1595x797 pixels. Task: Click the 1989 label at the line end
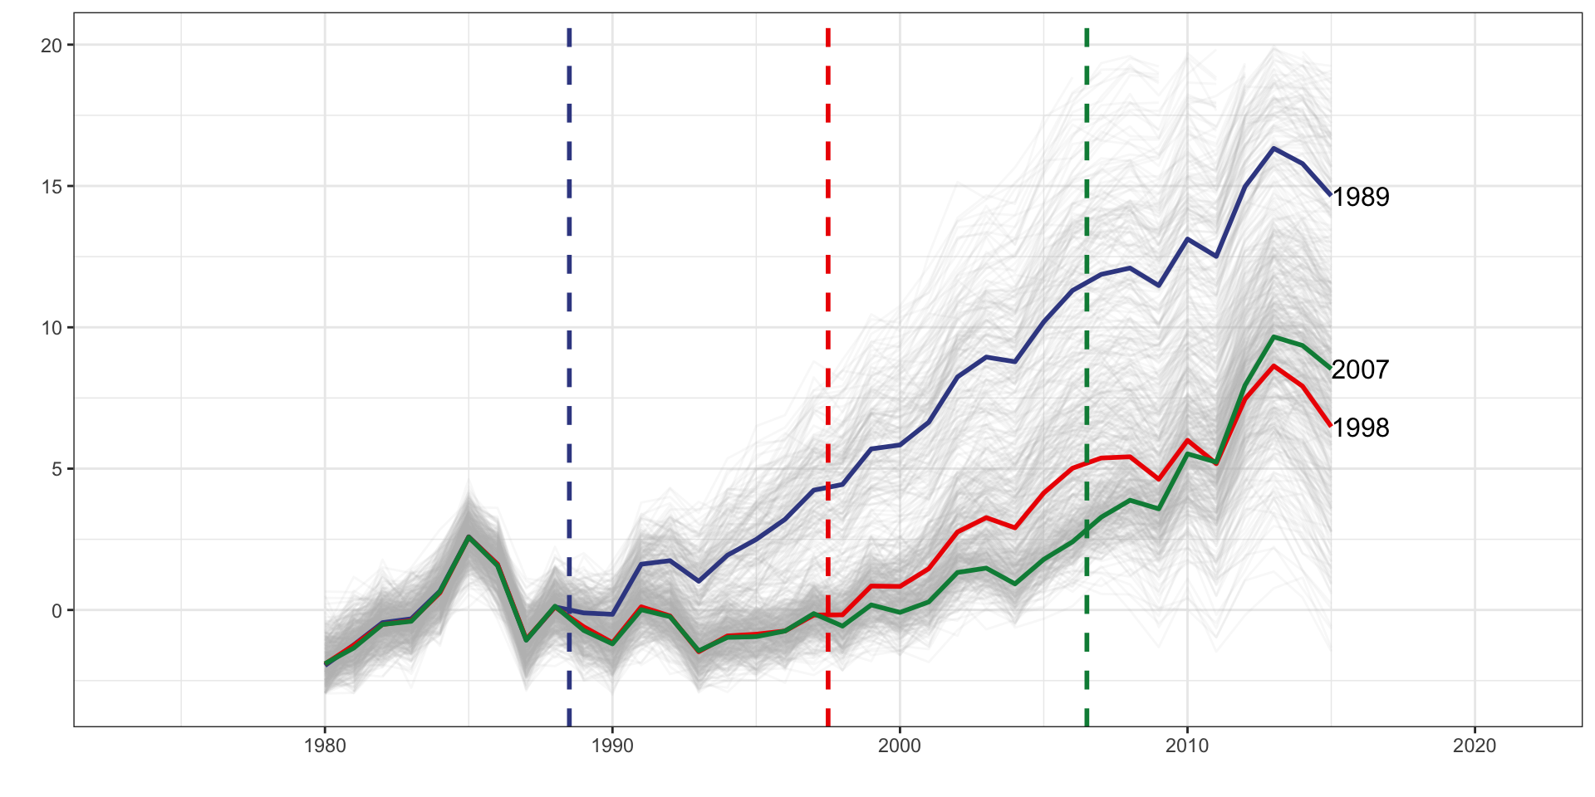tap(1360, 197)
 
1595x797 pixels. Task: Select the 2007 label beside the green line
tap(1360, 369)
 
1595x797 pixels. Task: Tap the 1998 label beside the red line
tap(1360, 428)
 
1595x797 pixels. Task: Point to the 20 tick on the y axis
tap(52, 46)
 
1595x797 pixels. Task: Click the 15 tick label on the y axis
tap(52, 187)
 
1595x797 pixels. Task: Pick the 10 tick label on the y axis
tap(52, 328)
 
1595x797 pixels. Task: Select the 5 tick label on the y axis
tap(56, 469)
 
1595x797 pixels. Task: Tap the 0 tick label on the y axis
tap(56, 611)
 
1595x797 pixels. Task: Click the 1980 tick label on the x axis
tap(325, 746)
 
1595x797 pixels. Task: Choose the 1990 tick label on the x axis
tap(612, 746)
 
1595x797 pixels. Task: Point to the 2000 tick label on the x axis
tap(900, 746)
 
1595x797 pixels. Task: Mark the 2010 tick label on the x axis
tap(1187, 746)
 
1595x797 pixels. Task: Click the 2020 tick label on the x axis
tap(1475, 746)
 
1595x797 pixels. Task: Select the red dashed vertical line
tap(828, 249)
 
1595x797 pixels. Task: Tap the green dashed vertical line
tap(1087, 166)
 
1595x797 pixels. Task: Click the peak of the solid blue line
tap(1274, 149)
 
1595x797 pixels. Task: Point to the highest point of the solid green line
tap(1274, 337)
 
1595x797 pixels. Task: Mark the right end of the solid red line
tap(1331, 426)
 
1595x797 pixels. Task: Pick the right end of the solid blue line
tap(1331, 195)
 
